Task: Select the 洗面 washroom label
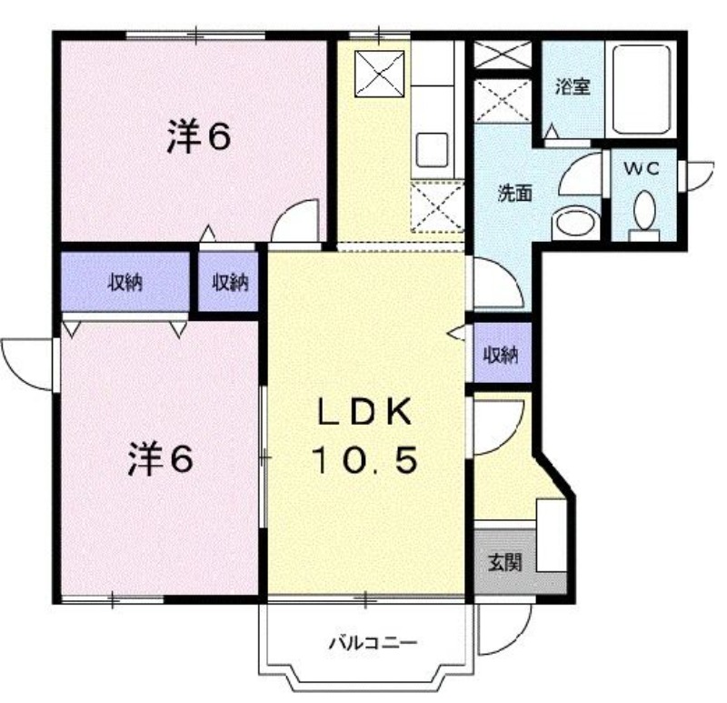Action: pyautogui.click(x=514, y=194)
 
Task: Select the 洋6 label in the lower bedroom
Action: pyautogui.click(x=159, y=459)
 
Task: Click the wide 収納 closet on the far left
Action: pyautogui.click(x=125, y=282)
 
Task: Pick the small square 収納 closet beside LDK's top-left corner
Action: pyautogui.click(x=231, y=283)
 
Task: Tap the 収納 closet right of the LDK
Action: pyautogui.click(x=501, y=354)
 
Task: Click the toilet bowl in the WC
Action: pyautogui.click(x=644, y=212)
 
